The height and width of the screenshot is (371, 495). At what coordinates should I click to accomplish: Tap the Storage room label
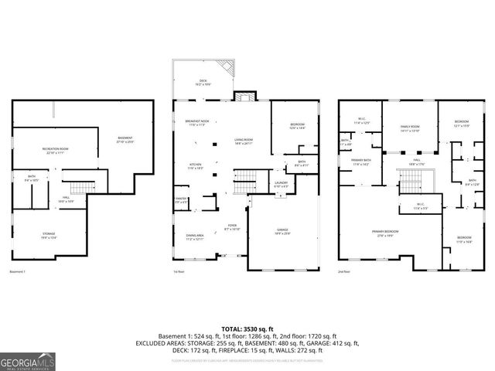pos(49,236)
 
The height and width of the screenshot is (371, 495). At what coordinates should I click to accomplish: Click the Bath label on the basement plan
pos(32,178)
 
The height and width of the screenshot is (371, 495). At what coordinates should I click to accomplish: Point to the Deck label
pos(203,81)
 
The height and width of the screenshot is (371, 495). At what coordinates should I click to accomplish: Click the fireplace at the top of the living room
pos(245,97)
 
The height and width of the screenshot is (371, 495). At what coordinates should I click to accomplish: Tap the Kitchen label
pos(196,165)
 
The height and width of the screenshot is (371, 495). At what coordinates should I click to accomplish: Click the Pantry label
pos(181,200)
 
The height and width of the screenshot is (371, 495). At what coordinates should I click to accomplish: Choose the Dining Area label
pos(194,237)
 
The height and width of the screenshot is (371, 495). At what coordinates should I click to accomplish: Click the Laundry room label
pos(282,184)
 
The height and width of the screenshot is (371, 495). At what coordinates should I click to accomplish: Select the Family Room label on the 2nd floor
pos(409,128)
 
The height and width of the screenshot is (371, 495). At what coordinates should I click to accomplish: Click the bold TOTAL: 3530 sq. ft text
pos(247,329)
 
